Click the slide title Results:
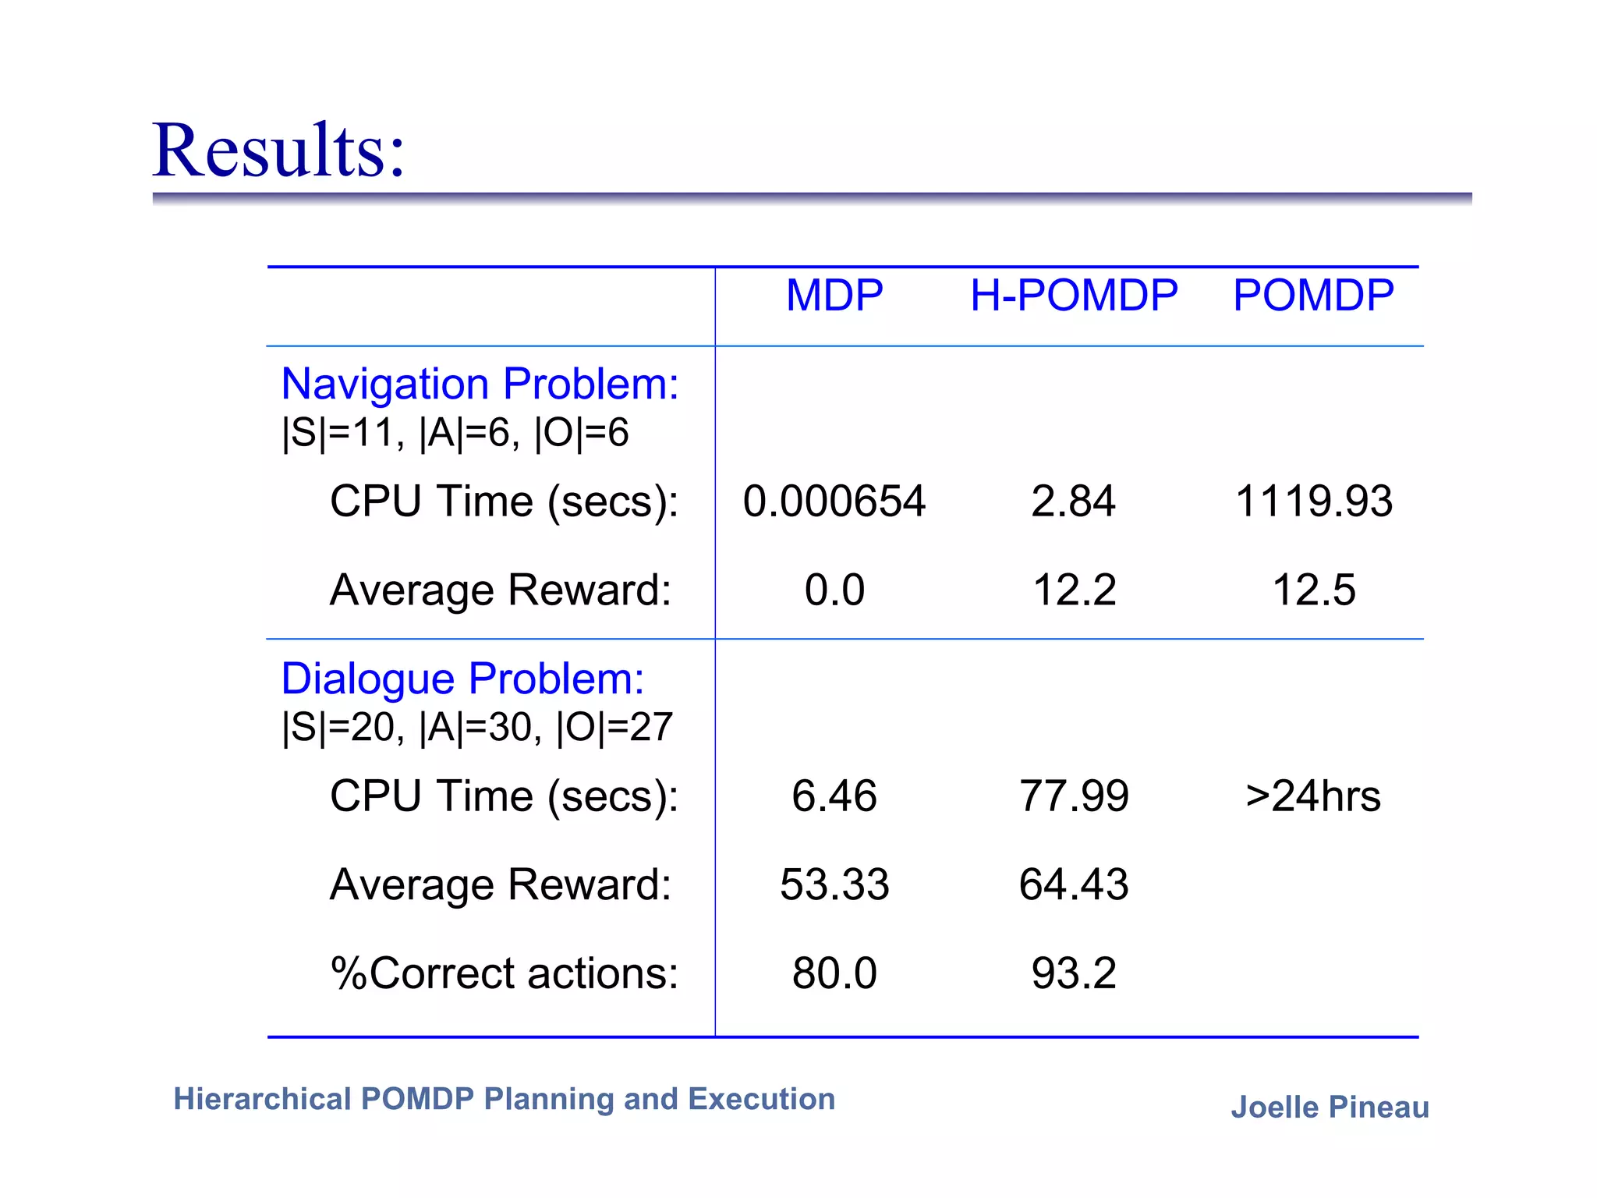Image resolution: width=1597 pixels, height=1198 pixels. pyautogui.click(x=278, y=150)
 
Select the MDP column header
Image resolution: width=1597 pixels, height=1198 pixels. pyautogui.click(x=834, y=296)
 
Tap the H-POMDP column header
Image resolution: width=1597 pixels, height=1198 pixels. pyautogui.click(x=1073, y=296)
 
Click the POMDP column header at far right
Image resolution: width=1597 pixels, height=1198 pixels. pyautogui.click(x=1313, y=296)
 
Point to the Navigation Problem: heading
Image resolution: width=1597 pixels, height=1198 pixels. pyautogui.click(x=480, y=384)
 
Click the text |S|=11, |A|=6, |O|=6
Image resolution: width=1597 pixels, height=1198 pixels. pyautogui.click(x=455, y=432)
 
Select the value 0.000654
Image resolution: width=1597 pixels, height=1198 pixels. pyautogui.click(x=834, y=501)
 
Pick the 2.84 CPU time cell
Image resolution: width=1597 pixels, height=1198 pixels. pyautogui.click(x=1073, y=501)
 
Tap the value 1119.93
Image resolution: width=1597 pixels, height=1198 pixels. pyautogui.click(x=1313, y=501)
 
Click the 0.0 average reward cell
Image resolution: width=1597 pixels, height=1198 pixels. pyautogui.click(x=834, y=590)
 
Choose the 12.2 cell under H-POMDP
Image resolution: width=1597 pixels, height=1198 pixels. pyautogui.click(x=1073, y=590)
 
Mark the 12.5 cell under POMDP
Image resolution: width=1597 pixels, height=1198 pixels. pyautogui.click(x=1313, y=590)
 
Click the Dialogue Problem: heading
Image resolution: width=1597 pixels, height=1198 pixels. pyautogui.click(x=462, y=679)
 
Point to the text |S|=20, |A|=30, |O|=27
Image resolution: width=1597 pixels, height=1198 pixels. pyautogui.click(x=476, y=727)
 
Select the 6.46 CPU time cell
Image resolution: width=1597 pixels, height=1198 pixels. pyautogui.click(x=834, y=796)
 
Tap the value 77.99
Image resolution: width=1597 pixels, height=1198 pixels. pyautogui.click(x=1073, y=796)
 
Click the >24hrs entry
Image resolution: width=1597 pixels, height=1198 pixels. pyautogui.click(x=1313, y=796)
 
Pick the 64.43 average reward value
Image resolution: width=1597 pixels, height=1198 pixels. pyautogui.click(x=1073, y=884)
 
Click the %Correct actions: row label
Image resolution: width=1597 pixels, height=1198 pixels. pyautogui.click(x=504, y=973)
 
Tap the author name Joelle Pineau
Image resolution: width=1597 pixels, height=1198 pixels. pyautogui.click(x=1330, y=1108)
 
